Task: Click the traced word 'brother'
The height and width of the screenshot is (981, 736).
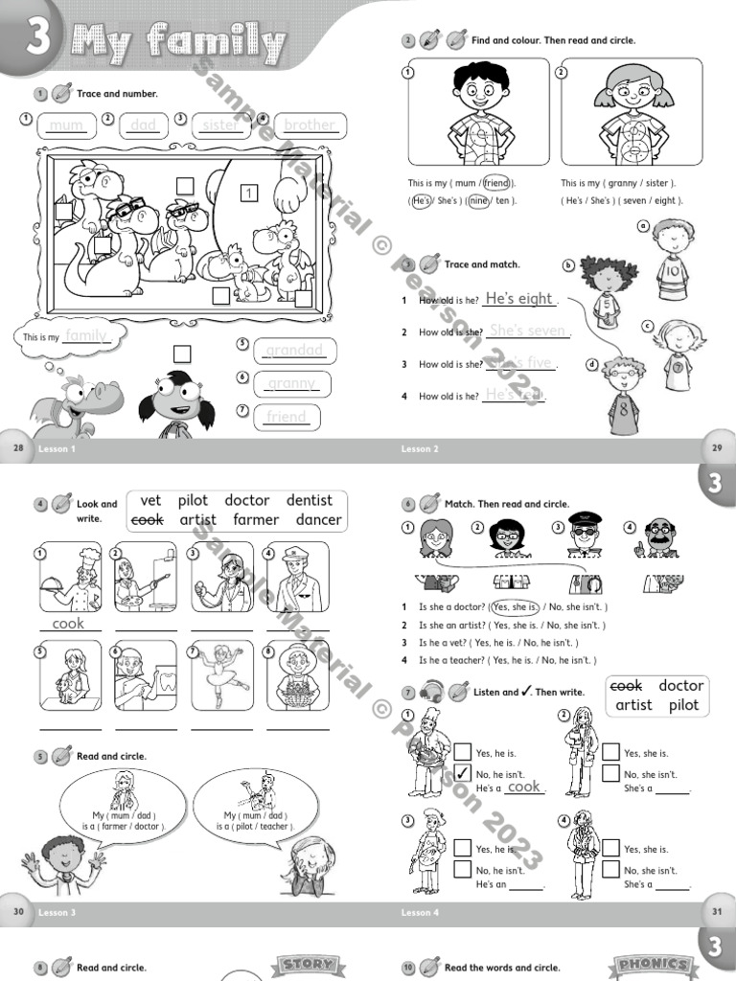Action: [310, 125]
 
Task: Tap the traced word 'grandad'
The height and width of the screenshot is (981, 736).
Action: [294, 351]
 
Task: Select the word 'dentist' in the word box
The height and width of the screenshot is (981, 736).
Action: [309, 500]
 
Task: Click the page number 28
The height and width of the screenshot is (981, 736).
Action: [17, 448]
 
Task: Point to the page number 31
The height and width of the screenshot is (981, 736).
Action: [717, 912]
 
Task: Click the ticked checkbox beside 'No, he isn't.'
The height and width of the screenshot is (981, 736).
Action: [463, 773]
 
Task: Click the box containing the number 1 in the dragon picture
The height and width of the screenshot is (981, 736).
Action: [249, 194]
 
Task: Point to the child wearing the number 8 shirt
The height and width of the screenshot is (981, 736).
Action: [623, 394]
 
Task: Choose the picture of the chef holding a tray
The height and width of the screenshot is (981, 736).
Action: [70, 577]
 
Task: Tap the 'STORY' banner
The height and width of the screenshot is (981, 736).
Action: [309, 965]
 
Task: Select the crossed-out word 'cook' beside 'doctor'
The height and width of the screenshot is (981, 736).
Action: [626, 686]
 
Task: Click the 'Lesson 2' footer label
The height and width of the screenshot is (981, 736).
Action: [420, 448]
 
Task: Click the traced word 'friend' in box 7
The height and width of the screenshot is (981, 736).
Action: [287, 417]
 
